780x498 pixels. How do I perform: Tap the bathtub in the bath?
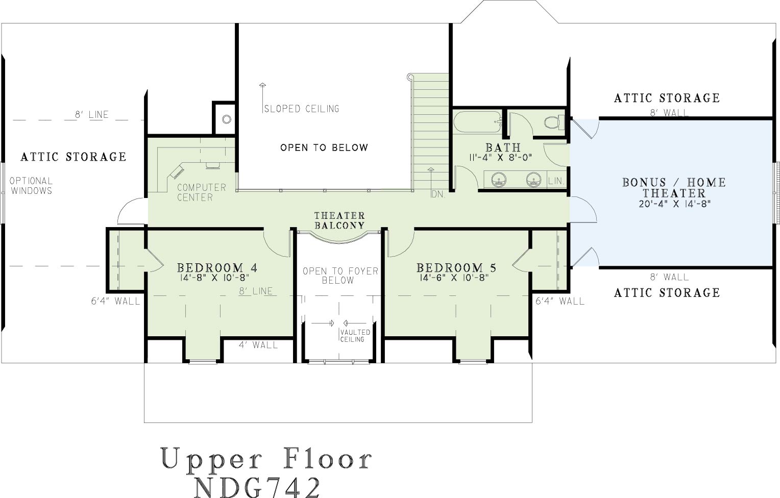pos(478,122)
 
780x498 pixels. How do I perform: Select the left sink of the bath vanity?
pos(499,180)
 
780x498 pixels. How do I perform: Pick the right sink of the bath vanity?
pos(533,180)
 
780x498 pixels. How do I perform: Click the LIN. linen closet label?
pos(556,181)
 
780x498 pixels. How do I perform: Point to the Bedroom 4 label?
pos(217,267)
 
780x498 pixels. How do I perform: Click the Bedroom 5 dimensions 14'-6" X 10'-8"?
pos(454,278)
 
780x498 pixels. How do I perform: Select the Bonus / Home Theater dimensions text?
pos(674,204)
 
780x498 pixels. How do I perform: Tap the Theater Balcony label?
pos(339,220)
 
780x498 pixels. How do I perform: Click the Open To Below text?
pos(324,147)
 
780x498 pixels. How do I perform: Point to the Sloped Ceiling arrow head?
pos(262,85)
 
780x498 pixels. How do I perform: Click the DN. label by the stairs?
pos(438,194)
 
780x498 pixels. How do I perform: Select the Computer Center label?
pos(202,192)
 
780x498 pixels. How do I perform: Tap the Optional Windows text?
pos(31,186)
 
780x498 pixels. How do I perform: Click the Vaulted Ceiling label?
pos(355,336)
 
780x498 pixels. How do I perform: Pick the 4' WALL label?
pos(258,345)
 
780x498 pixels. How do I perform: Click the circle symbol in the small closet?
pos(227,119)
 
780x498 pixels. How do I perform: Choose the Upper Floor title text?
pos(266,459)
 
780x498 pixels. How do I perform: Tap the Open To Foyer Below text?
pos(340,276)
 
